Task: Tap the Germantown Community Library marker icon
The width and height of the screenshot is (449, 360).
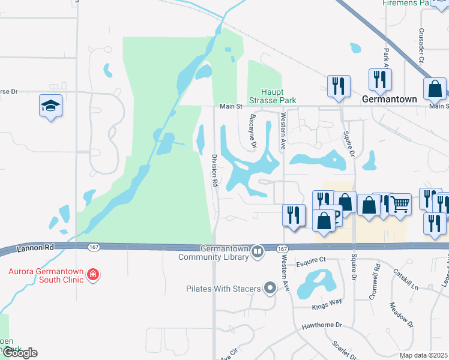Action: [x=258, y=250]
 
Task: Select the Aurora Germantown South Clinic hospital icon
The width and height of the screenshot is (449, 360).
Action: [x=92, y=275]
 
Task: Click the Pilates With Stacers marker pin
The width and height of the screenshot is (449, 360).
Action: [x=270, y=289]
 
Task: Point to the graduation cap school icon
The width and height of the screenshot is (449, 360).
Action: [x=51, y=106]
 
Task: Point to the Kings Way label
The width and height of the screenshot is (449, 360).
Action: [x=327, y=304]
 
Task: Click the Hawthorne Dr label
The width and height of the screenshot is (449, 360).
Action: [x=322, y=325]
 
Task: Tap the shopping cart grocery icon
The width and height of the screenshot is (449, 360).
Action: [x=400, y=205]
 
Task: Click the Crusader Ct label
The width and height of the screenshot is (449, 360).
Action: [x=421, y=46]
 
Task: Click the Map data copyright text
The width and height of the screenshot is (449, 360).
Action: [x=424, y=355]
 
